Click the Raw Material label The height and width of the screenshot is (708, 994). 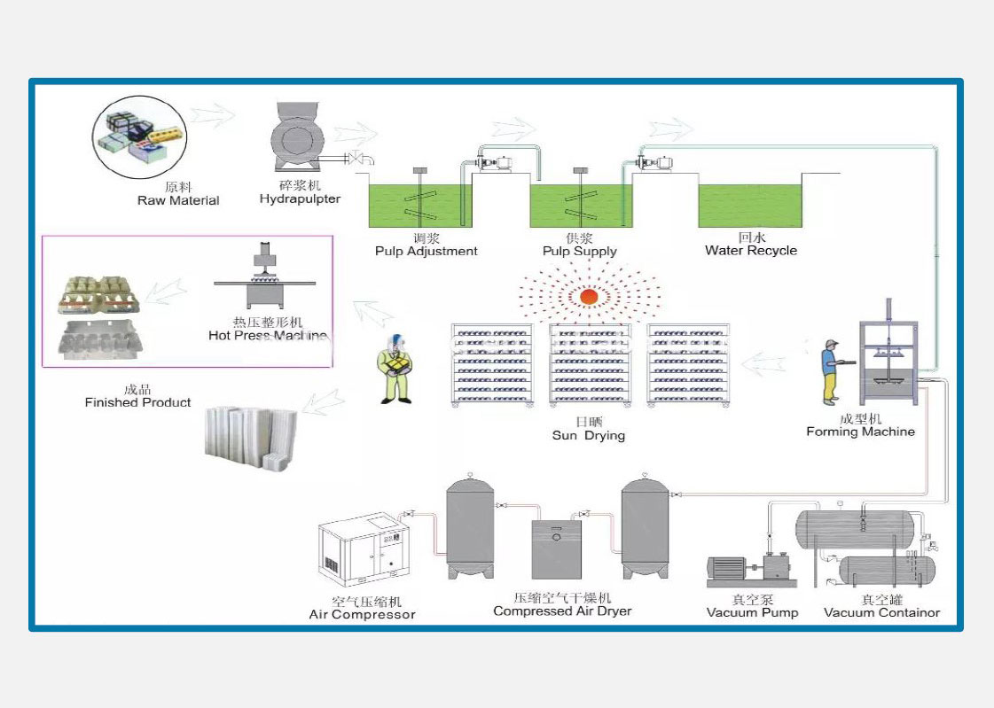tap(178, 200)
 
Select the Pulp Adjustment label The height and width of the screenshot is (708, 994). tap(426, 251)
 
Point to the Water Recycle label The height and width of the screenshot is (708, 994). tap(750, 251)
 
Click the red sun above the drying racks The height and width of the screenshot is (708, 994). tap(587, 297)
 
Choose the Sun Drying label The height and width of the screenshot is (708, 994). tap(588, 435)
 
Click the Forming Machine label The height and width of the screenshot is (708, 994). tap(860, 432)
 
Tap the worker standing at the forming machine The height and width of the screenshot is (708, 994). tap(831, 370)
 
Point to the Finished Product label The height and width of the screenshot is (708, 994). tap(137, 402)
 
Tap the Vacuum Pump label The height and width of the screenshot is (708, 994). tap(752, 612)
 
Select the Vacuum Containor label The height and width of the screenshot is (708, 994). tap(881, 612)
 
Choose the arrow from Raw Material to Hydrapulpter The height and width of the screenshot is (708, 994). tap(213, 114)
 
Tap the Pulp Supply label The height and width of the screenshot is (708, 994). tap(579, 251)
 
